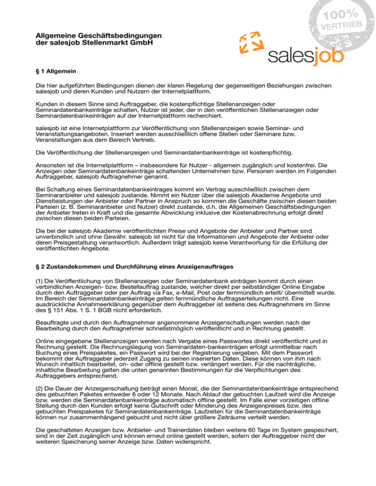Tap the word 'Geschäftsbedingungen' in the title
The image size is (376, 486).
click(x=118, y=36)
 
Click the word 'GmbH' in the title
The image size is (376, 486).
click(x=141, y=43)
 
